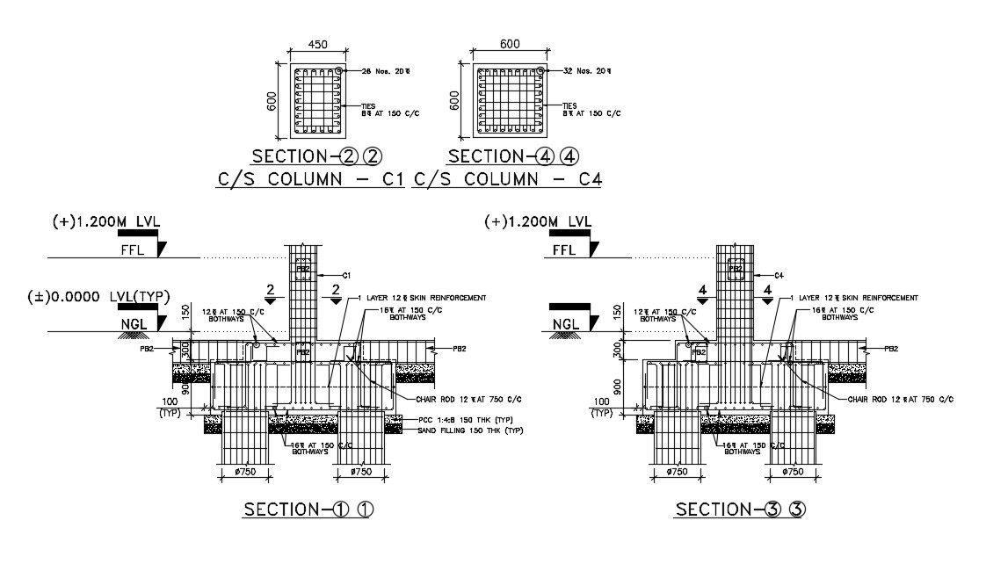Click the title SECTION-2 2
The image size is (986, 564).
[315, 156]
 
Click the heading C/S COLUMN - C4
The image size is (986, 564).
[507, 179]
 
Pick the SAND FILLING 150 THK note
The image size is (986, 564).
[471, 430]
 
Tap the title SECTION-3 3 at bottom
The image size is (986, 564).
[739, 510]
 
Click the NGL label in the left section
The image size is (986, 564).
[133, 323]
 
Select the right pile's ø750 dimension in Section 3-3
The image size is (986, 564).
[793, 472]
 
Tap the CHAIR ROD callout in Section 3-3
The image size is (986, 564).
[900, 399]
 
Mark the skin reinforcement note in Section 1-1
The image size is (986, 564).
[422, 298]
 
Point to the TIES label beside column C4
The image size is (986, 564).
[569, 105]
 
